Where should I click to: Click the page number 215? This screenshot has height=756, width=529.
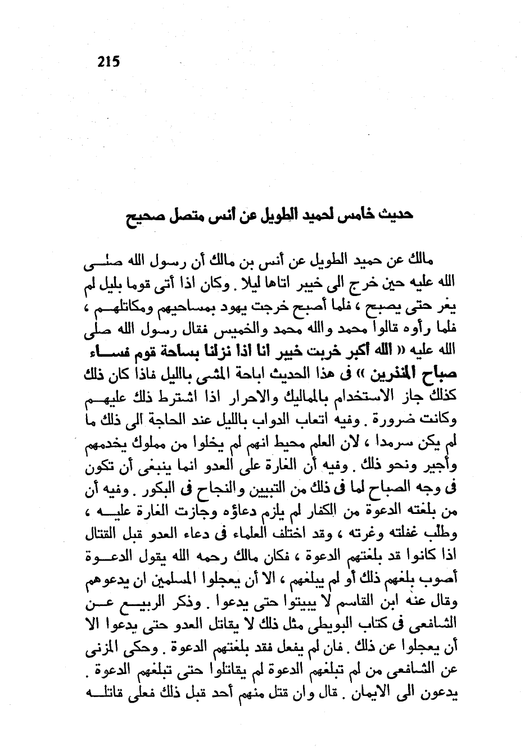[x=108, y=61]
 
